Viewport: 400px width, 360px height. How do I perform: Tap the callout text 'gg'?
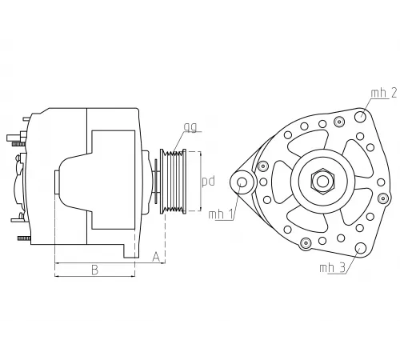[190, 127]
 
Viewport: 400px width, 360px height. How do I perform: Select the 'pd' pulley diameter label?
[208, 181]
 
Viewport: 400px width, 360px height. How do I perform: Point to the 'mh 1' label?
[220, 214]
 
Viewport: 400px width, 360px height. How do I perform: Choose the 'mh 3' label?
[331, 267]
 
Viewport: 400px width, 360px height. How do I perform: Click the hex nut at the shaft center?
[322, 181]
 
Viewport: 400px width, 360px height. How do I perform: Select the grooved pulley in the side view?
[174, 181]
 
